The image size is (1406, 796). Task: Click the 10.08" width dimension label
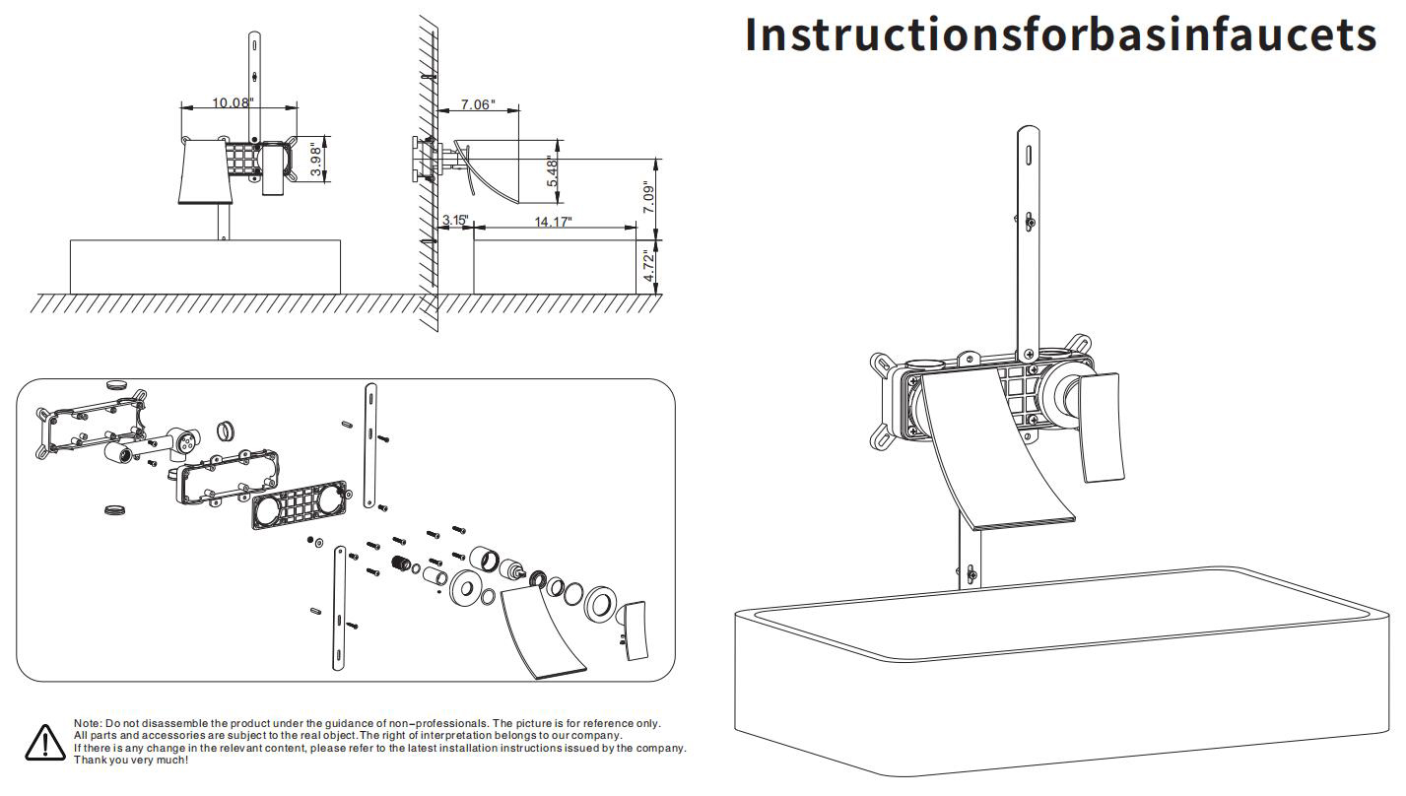pyautogui.click(x=233, y=102)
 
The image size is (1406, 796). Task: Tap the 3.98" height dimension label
pyautogui.click(x=316, y=159)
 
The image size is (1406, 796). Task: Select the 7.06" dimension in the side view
pyautogui.click(x=477, y=104)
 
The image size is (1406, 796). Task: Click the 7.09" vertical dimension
pyautogui.click(x=647, y=198)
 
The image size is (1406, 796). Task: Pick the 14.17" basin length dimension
pyautogui.click(x=553, y=222)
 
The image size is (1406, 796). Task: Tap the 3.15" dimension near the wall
pyautogui.click(x=454, y=220)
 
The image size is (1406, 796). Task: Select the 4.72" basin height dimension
pyautogui.click(x=648, y=267)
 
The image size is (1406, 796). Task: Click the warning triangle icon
pyautogui.click(x=44, y=742)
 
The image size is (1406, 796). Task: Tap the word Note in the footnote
pyautogui.click(x=87, y=724)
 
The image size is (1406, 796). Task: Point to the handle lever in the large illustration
pyautogui.click(x=1101, y=428)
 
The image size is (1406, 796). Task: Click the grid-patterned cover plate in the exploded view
pyautogui.click(x=301, y=506)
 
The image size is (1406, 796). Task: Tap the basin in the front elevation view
pyautogui.click(x=205, y=266)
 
